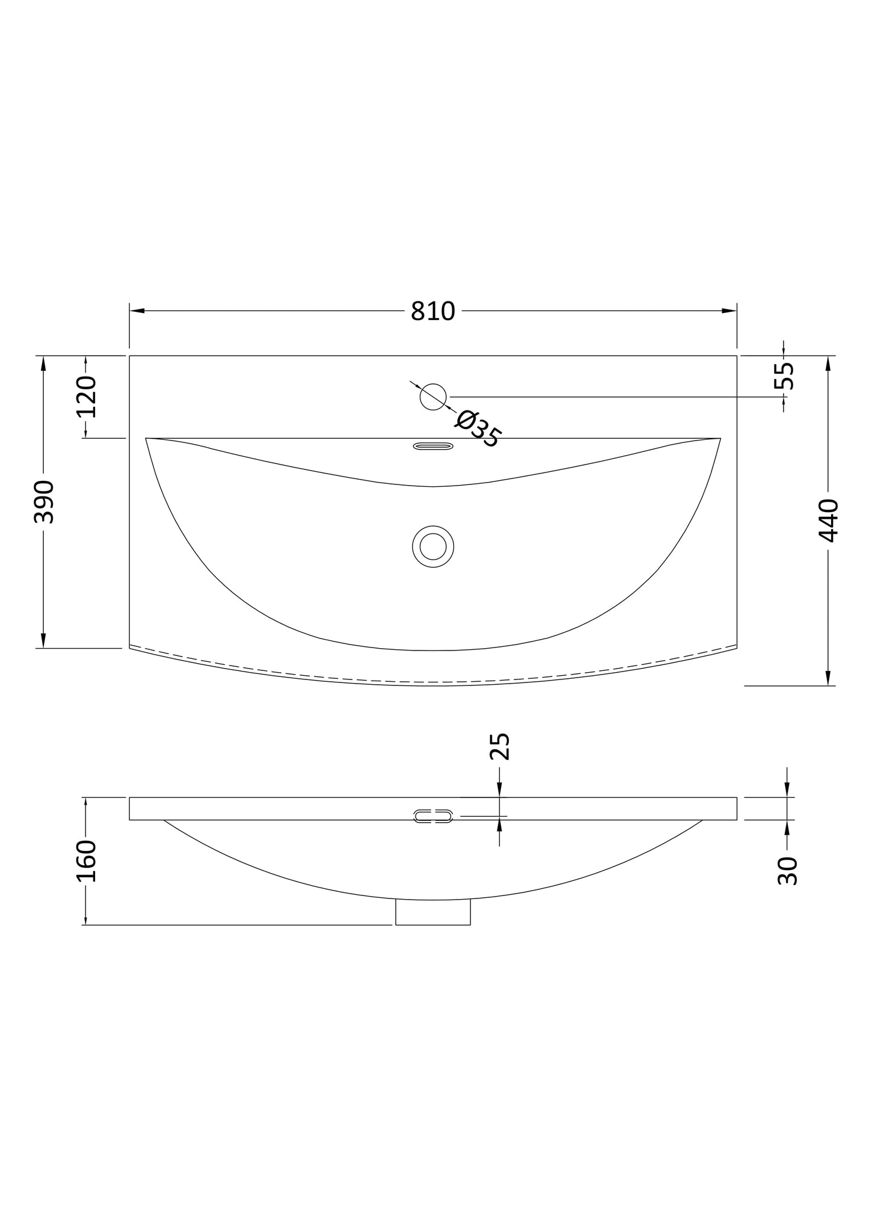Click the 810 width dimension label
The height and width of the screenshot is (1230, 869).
[x=432, y=311]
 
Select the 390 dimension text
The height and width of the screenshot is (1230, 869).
[x=45, y=501]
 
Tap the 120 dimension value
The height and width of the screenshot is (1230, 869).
[x=87, y=397]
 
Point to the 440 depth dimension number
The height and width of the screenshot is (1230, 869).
[x=829, y=521]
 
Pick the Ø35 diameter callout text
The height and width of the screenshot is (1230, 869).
[x=477, y=429]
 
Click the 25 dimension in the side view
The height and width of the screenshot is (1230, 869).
[x=500, y=746]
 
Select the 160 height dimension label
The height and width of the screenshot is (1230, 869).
[x=87, y=861]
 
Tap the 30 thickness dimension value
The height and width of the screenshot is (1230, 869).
[x=787, y=870]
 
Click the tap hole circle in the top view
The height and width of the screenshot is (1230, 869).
[x=433, y=397]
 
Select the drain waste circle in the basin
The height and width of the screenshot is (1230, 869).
[x=433, y=546]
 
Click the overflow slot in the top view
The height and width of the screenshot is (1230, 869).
[x=433, y=446]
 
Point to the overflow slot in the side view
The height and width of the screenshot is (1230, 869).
[x=433, y=816]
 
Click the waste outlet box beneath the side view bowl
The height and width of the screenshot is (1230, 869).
[x=433, y=912]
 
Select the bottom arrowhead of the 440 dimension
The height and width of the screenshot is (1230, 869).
[x=828, y=678]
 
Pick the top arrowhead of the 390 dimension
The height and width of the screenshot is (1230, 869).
[x=43, y=363]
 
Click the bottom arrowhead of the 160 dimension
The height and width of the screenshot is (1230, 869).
[x=86, y=919]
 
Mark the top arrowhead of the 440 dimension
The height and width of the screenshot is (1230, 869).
[x=828, y=363]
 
